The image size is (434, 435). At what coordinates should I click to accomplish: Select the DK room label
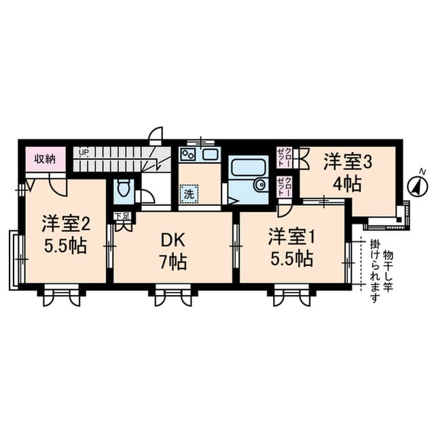pos(173,240)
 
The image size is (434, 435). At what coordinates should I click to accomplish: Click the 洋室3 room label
pos(346,162)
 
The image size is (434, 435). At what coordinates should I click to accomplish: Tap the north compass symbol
pos(416,185)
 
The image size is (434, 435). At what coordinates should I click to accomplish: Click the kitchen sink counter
pos(199,154)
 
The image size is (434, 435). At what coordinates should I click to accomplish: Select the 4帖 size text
pos(346,184)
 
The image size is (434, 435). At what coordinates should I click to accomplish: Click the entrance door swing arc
pos(156,132)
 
